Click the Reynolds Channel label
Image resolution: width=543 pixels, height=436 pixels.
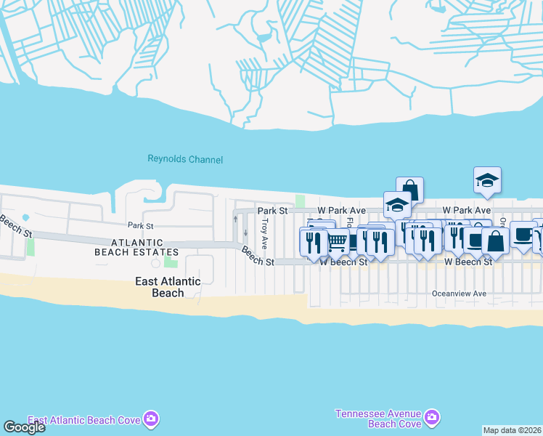(x=185, y=159)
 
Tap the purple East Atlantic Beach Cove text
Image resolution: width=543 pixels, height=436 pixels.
(x=84, y=420)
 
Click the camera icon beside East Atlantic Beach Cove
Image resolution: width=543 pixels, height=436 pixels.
(x=151, y=419)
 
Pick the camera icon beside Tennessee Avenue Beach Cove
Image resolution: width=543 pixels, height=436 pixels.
(x=432, y=417)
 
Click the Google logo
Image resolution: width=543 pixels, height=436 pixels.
(x=23, y=427)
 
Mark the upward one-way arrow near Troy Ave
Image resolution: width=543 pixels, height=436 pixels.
(x=235, y=219)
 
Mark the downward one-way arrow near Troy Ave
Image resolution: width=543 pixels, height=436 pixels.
(x=245, y=233)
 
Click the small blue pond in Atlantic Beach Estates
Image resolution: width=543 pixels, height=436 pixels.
(x=26, y=217)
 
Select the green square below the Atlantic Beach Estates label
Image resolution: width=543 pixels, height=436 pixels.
(x=171, y=260)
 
